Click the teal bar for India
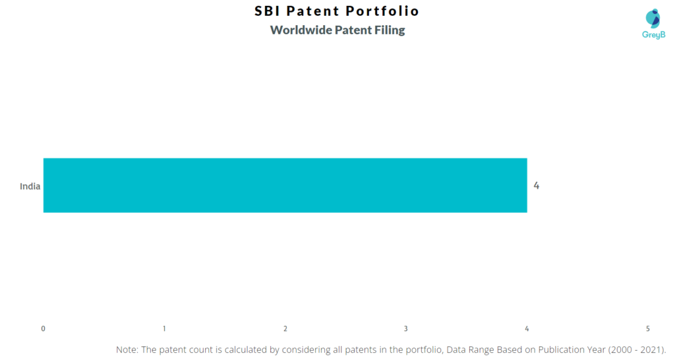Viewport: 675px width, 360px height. tap(285, 185)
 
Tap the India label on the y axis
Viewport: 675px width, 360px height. tap(30, 186)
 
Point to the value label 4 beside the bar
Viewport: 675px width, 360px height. tap(537, 185)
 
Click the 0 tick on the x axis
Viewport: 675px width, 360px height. tap(43, 328)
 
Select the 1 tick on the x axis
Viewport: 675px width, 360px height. tap(164, 328)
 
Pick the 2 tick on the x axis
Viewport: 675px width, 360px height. tap(285, 328)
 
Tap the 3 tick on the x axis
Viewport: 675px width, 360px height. tap(405, 328)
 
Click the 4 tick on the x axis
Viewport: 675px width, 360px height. tap(527, 328)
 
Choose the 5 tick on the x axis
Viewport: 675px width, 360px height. tap(647, 328)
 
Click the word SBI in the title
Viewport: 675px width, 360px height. tap(268, 11)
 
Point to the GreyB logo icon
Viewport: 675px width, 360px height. tap(653, 18)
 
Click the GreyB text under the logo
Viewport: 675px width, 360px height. tap(653, 35)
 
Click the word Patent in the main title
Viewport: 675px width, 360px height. tap(317, 11)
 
